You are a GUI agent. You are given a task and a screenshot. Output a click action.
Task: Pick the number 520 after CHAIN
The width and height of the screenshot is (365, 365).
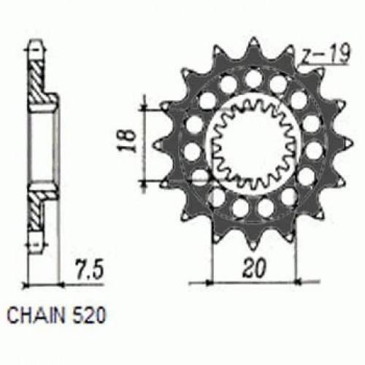[90, 318]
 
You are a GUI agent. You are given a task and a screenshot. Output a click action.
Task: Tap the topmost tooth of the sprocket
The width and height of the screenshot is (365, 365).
[253, 44]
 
